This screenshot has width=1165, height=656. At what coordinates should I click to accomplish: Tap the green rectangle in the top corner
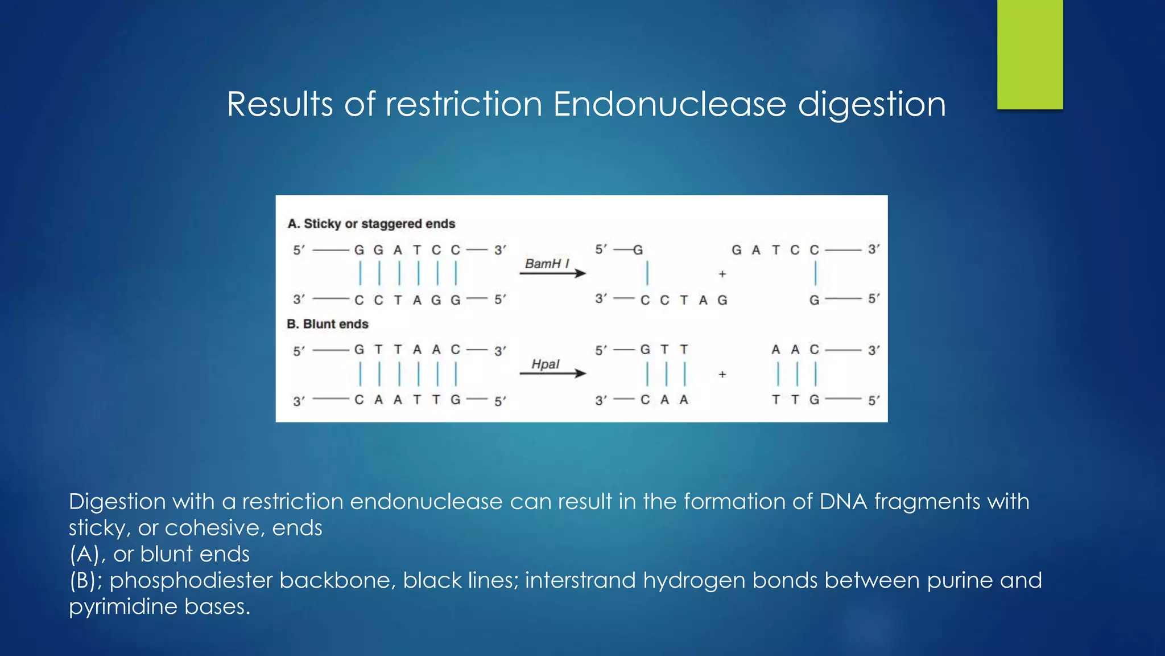pos(1030,55)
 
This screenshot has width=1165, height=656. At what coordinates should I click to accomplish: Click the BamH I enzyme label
pos(547,264)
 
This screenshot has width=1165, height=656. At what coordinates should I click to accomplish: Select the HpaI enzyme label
pos(546,364)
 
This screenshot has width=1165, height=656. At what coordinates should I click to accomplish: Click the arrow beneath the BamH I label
pos(552,274)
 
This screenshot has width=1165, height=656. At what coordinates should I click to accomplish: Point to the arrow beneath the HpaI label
pos(552,374)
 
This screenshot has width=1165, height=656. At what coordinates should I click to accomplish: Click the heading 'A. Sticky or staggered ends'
pos(371,224)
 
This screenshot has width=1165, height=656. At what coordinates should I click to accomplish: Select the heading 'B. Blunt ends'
pos(328,324)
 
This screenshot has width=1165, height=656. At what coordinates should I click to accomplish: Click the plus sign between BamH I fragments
pos(722,274)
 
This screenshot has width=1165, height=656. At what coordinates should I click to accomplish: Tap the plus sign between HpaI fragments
pos(722,374)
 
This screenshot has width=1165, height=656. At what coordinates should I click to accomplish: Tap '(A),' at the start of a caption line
pos(87,554)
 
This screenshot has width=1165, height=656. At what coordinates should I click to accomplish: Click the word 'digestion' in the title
pos(871,104)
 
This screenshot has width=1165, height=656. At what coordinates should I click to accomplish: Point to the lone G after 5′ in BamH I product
pos(638,250)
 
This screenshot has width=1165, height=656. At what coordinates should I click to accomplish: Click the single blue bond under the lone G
pos(647,273)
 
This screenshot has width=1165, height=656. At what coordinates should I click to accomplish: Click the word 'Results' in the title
pos(280,104)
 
